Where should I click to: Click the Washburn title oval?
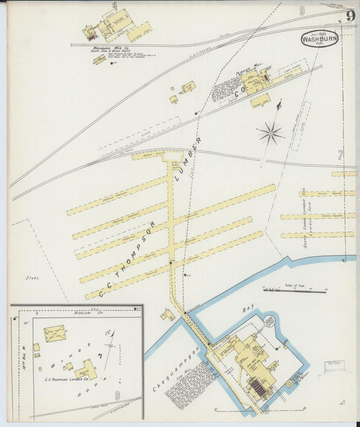coord(319,38)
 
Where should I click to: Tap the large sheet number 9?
coord(351,16)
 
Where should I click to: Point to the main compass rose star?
coord(270,132)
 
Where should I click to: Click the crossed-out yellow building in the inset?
coord(54,333)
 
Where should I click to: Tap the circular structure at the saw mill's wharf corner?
coord(271,319)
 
